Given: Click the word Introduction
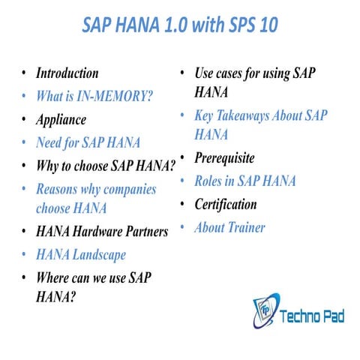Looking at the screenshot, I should [67, 73].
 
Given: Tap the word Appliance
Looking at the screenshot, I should [61, 119].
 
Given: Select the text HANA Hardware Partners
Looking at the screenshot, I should [102, 232].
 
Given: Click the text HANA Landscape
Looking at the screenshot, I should [81, 255].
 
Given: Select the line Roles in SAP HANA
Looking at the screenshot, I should [245, 181].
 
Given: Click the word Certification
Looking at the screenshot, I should [226, 204].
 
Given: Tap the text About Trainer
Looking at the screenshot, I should [229, 227].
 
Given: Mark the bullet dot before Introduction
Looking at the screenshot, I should [25, 73].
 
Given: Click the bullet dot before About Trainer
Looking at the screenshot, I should [183, 226].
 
